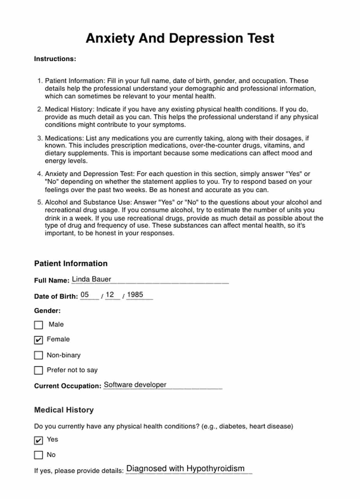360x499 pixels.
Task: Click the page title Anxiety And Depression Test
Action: point(180,38)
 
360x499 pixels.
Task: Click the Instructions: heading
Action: point(55,59)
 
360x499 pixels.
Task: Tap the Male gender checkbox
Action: point(38,325)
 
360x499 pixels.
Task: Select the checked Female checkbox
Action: point(38,340)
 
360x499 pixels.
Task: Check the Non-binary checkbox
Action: point(38,355)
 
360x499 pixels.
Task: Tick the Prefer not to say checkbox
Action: point(38,370)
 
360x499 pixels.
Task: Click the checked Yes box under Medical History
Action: point(38,440)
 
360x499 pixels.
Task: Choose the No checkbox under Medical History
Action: point(38,455)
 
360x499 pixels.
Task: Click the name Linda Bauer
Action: point(92,279)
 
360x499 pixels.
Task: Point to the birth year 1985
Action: point(135,295)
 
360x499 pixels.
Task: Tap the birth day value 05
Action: point(84,295)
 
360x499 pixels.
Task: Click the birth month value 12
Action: point(110,295)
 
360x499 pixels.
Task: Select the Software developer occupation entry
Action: point(135,385)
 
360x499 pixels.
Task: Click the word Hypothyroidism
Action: point(215,468)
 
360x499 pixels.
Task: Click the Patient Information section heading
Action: point(71,264)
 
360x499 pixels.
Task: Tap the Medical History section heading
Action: point(64,410)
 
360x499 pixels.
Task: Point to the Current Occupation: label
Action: point(67,386)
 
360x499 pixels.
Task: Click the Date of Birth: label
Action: point(56,296)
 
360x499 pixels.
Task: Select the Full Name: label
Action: point(52,280)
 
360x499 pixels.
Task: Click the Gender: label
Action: point(47,311)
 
